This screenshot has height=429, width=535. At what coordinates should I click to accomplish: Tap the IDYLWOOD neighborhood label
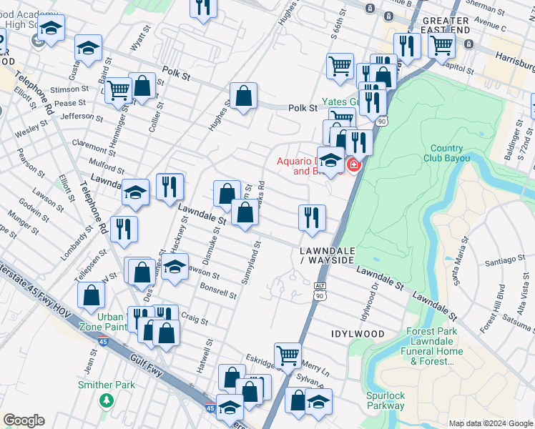[x=358, y=334]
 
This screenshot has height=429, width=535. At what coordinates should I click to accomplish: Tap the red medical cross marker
[x=353, y=166]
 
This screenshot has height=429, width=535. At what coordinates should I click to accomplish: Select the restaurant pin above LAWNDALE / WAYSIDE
[x=312, y=217]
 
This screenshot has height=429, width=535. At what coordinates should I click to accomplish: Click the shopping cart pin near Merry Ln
[x=288, y=354]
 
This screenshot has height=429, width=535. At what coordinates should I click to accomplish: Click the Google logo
[x=24, y=420]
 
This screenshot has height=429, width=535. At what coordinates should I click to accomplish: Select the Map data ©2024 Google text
[x=489, y=423]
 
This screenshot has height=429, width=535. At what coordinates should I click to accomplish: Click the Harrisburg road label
[x=511, y=54]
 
